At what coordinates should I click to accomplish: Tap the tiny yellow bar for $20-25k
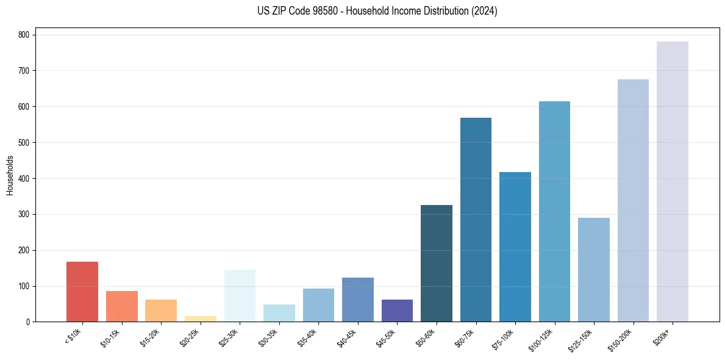click(200, 319)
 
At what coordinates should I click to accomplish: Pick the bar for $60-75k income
click(476, 220)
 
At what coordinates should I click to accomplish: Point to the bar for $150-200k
click(633, 201)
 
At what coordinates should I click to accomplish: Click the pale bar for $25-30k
click(240, 296)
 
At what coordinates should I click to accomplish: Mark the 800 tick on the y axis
click(26, 35)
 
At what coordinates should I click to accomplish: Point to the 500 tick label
click(26, 142)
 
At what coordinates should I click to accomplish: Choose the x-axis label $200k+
click(661, 336)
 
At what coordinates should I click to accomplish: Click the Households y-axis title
click(10, 175)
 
